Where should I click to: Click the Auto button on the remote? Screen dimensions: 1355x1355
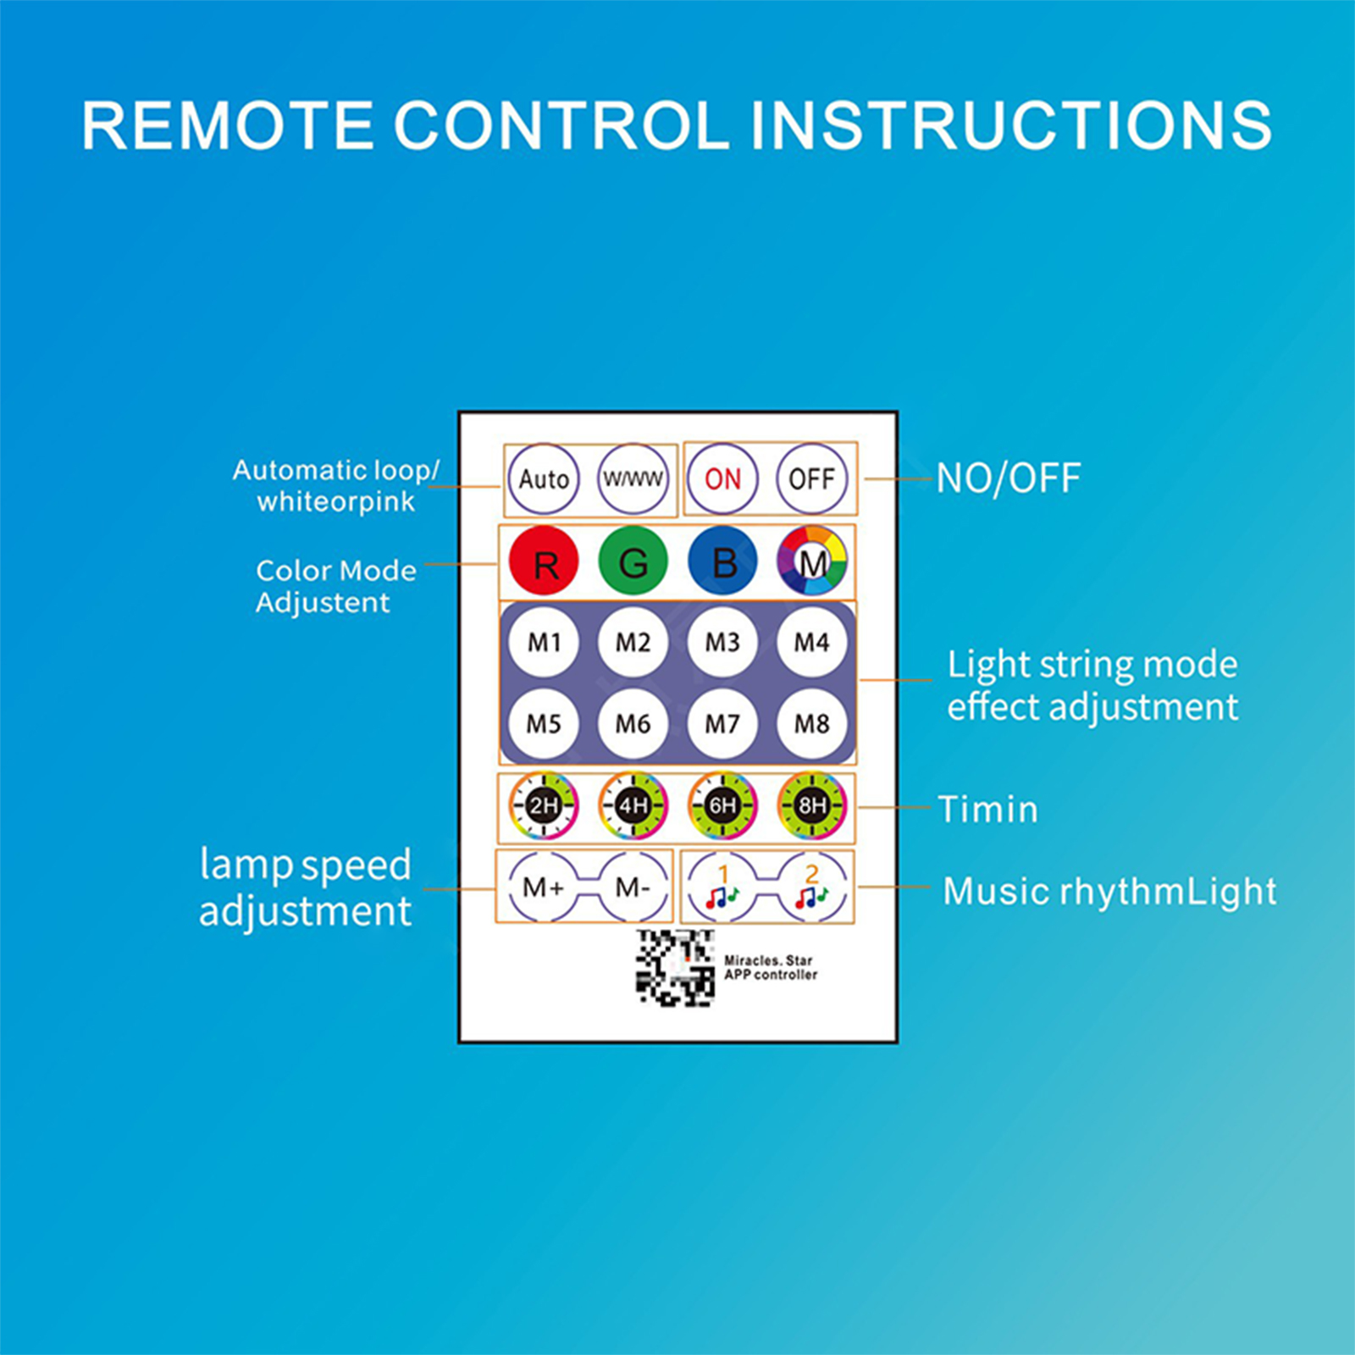tap(544, 478)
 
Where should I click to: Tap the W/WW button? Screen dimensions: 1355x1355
tap(633, 478)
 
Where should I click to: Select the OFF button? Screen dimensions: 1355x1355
tap(811, 478)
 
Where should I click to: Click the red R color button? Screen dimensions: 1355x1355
tap(544, 561)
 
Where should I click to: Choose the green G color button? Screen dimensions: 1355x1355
tap(633, 561)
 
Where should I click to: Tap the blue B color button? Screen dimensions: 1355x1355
tap(722, 561)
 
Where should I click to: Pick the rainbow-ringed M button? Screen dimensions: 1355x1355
tap(812, 561)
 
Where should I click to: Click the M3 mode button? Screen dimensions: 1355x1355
tap(722, 642)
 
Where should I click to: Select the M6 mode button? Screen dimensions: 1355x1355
tap(633, 723)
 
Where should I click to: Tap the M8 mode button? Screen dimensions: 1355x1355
tap(811, 723)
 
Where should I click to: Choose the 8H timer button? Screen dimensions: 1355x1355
tap(811, 805)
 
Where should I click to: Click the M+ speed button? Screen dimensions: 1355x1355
tap(544, 887)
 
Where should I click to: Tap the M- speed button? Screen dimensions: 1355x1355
tap(633, 887)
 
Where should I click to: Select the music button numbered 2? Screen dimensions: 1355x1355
tap(811, 887)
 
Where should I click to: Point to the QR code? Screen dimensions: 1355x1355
tap(675, 967)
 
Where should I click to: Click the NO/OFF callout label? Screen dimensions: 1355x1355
tap(1008, 478)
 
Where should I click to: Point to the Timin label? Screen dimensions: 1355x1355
tap(987, 809)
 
